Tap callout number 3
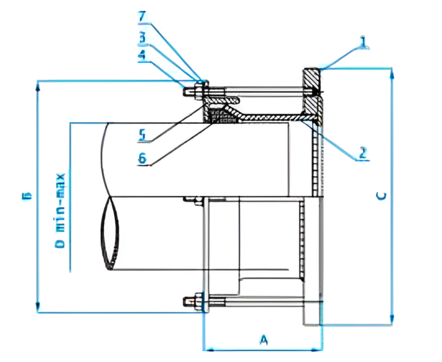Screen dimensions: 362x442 (142, 38)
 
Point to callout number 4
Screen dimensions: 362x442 (142, 56)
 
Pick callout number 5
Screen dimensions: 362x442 (142, 135)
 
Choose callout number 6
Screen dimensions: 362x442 (142, 158)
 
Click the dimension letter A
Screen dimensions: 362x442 (265, 340)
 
